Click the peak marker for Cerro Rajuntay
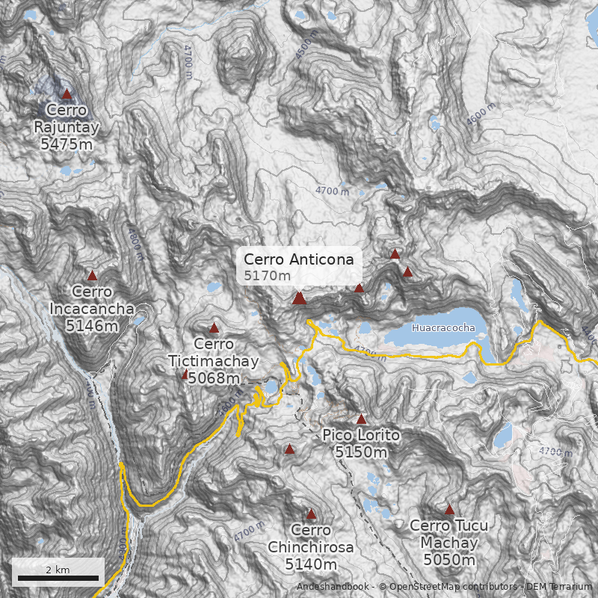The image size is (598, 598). coord(67,94)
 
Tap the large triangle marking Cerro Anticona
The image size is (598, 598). coord(299,298)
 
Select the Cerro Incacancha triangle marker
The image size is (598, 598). coord(93,276)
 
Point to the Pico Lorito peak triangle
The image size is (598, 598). coord(362,419)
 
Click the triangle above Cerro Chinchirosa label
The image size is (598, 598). coord(311,514)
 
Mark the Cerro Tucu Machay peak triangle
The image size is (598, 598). coord(449,509)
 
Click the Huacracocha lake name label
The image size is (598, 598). coord(443,327)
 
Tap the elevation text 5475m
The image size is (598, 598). coord(67,144)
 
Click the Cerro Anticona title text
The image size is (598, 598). coord(298,259)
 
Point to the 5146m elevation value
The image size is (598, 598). coord(92,325)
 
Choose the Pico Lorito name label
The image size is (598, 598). coord(361,436)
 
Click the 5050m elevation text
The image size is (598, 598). coord(449,559)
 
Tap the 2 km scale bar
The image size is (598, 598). coord(58,577)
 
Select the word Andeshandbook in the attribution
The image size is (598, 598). coord(333,587)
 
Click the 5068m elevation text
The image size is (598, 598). coord(214,378)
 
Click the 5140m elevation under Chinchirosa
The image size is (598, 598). coord(311,564)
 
